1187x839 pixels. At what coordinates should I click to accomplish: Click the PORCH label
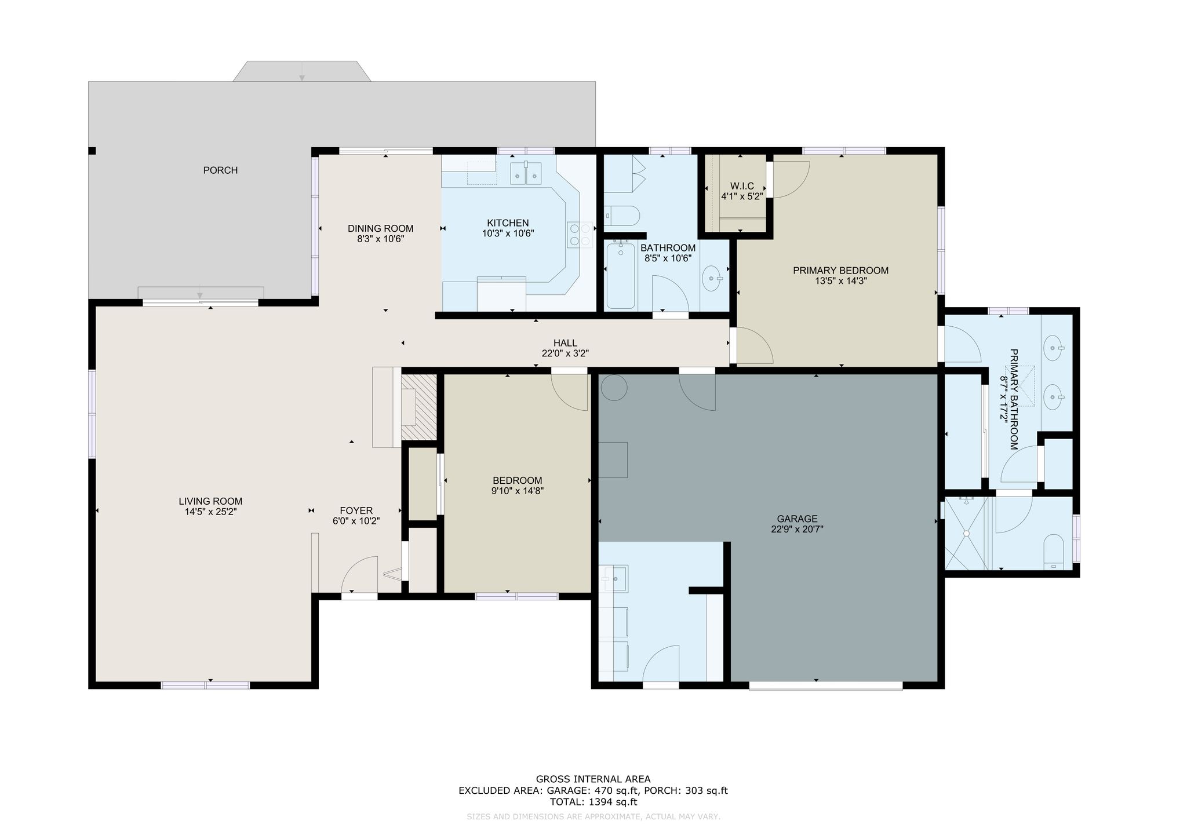220,170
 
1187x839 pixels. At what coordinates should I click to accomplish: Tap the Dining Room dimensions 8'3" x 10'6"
381,239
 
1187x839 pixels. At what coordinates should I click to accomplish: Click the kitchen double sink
526,173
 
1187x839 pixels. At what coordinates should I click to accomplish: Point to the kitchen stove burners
580,235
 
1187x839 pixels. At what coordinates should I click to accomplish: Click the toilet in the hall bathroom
621,217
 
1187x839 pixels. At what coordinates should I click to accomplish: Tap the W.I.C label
742,186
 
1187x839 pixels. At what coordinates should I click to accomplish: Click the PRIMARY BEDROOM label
840,271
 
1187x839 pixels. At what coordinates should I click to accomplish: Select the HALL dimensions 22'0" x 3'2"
565,353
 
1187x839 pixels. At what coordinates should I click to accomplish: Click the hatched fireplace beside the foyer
418,407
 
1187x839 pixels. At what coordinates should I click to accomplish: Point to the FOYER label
356,510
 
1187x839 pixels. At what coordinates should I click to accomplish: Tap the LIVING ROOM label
210,501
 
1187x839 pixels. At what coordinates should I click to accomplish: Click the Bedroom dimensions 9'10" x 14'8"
518,491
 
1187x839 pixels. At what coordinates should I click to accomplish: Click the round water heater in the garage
614,387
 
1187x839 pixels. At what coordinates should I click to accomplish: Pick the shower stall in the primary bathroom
966,533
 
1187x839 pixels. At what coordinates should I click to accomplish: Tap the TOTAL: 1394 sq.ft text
593,802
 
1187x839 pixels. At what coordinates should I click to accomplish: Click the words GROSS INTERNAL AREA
593,779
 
